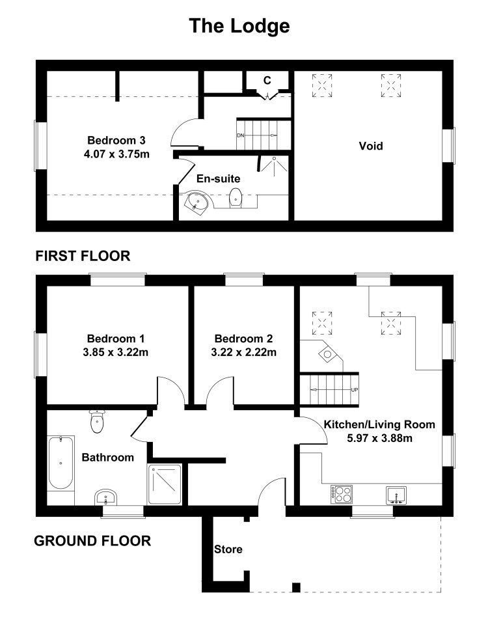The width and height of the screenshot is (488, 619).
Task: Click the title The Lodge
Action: click(239, 26)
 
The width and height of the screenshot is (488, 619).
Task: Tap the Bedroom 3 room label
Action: click(116, 140)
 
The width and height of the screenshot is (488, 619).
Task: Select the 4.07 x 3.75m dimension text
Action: click(116, 154)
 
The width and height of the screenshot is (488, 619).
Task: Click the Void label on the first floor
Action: click(371, 146)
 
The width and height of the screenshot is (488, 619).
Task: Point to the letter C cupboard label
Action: click(267, 81)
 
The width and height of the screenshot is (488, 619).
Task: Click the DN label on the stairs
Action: click(241, 135)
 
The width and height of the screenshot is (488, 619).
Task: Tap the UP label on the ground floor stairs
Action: click(354, 390)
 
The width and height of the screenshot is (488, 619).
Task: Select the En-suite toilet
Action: click(236, 197)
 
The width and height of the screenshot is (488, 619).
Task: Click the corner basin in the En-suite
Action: click(198, 202)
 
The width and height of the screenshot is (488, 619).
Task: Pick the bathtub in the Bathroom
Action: click(61, 462)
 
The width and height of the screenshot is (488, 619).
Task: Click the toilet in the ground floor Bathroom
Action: click(97, 421)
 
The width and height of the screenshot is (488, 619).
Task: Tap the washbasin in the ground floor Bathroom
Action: click(105, 497)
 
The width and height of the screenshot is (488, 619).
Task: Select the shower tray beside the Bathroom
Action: click(165, 484)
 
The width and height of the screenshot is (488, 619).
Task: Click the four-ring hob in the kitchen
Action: click(342, 494)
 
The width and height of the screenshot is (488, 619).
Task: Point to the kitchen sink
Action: click(396, 495)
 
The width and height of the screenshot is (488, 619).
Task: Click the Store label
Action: click(228, 549)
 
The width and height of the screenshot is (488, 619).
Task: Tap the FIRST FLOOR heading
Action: click(83, 256)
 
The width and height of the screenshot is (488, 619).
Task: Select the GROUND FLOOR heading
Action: click(92, 541)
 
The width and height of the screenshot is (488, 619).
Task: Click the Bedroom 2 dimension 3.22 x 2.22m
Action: click(244, 352)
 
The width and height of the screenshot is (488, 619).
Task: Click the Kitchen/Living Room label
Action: click(379, 424)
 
